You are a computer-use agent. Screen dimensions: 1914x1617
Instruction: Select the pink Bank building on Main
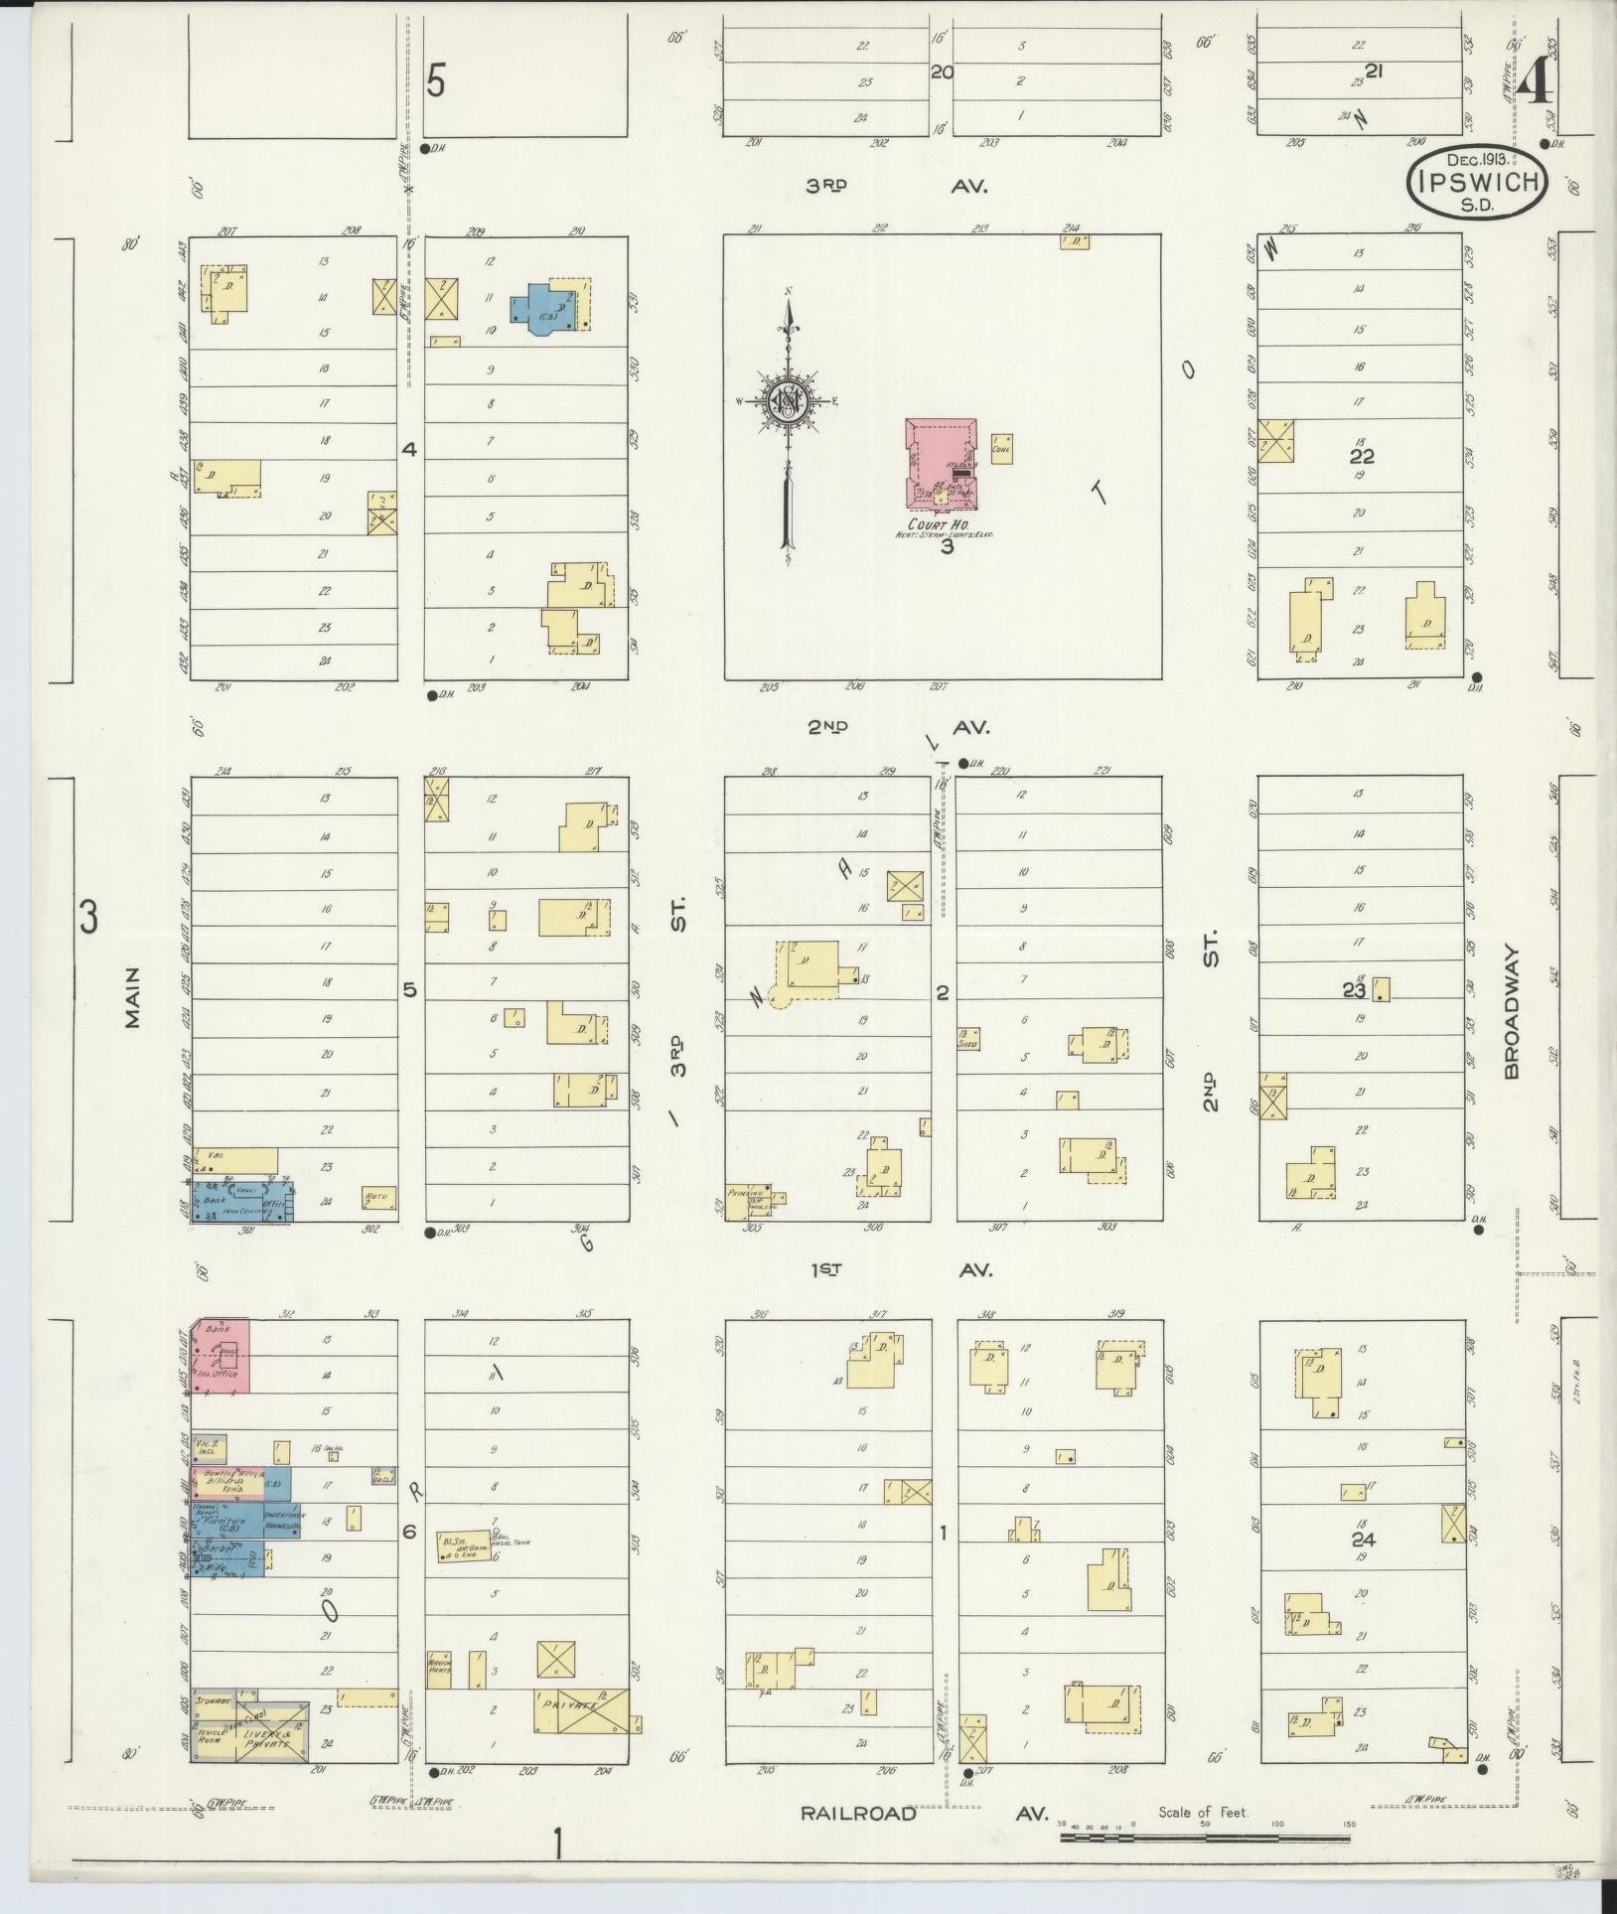pos(222,1355)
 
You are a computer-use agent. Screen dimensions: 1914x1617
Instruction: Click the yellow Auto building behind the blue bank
pos(378,1197)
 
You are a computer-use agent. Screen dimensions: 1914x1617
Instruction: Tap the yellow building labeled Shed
pos(968,1039)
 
